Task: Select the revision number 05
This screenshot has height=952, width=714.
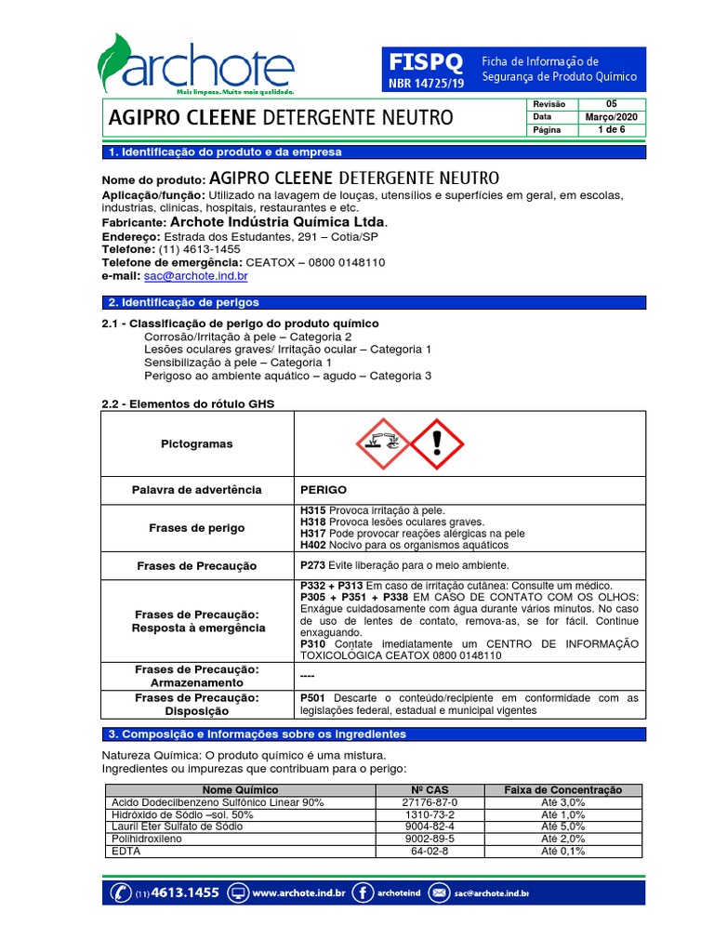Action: pos(611,104)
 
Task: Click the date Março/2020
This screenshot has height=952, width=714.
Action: pos(611,117)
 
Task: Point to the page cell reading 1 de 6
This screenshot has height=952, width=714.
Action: pos(611,130)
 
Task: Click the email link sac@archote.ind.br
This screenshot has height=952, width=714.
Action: pos(196,276)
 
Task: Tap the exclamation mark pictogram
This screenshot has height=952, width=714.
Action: pos(436,443)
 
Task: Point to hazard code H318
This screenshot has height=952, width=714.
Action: pos(313,522)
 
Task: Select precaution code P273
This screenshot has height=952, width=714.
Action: pos(313,565)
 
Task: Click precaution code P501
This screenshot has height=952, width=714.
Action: pos(313,697)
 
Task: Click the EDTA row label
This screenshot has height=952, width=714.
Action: pos(124,851)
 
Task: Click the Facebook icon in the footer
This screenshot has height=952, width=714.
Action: pos(365,893)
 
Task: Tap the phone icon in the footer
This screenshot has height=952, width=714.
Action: pos(121,893)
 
